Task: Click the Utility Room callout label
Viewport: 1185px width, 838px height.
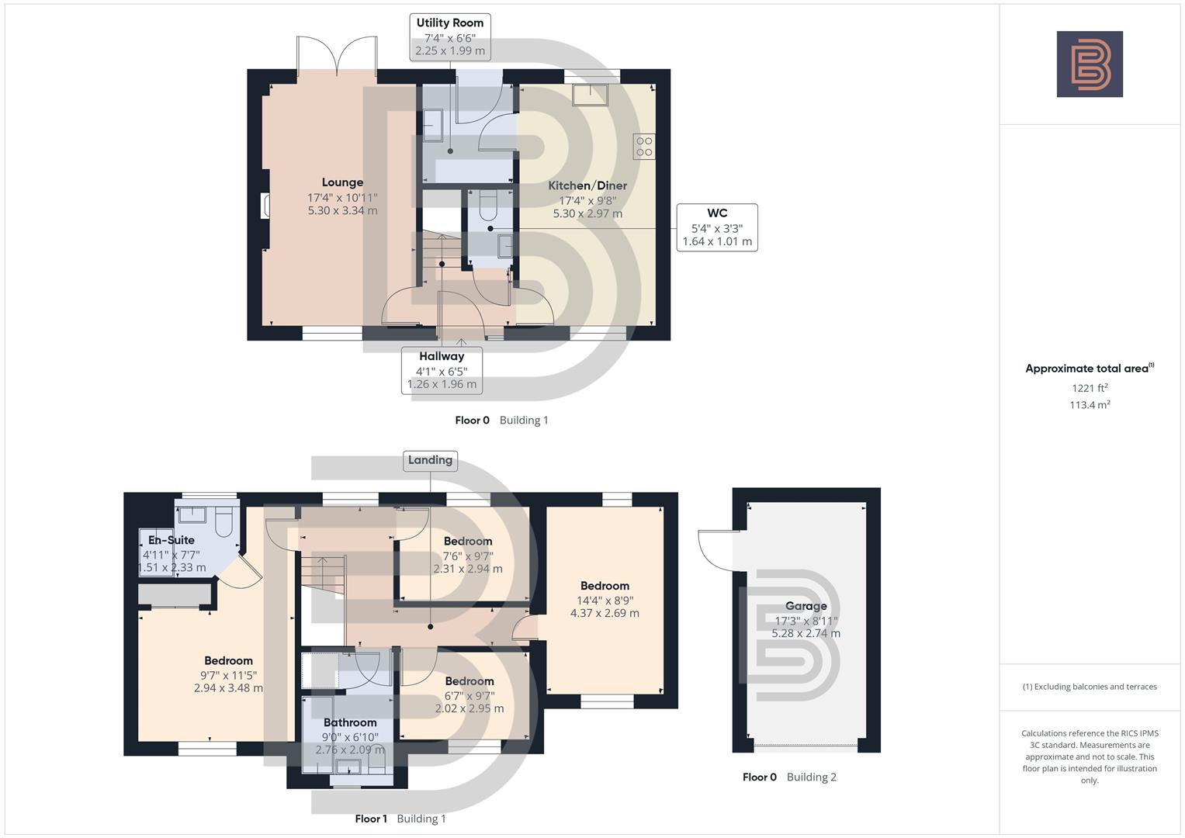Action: [x=449, y=36]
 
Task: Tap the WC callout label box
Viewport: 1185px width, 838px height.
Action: [x=716, y=227]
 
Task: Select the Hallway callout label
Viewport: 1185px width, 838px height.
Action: [x=442, y=370]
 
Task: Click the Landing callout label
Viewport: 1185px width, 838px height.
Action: [x=430, y=460]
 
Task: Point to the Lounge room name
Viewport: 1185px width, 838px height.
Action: [x=342, y=182]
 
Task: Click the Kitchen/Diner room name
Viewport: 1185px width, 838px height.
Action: [x=587, y=185]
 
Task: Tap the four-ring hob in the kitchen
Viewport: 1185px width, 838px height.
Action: [x=644, y=147]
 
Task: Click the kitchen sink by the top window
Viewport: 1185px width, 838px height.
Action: [x=591, y=95]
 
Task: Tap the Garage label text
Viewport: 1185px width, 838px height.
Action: [x=806, y=606]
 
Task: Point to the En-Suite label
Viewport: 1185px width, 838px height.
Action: [x=172, y=540]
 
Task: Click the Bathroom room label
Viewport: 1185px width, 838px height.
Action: [x=350, y=722]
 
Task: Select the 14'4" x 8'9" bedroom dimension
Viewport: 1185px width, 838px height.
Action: [x=605, y=600]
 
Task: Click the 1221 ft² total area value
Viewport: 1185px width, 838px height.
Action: [x=1090, y=388]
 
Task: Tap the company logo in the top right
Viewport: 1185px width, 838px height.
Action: [x=1090, y=64]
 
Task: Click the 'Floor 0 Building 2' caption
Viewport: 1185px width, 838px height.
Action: [x=789, y=777]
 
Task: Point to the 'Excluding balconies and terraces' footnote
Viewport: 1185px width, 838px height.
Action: [x=1090, y=687]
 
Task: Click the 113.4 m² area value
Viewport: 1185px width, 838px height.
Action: [x=1090, y=405]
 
